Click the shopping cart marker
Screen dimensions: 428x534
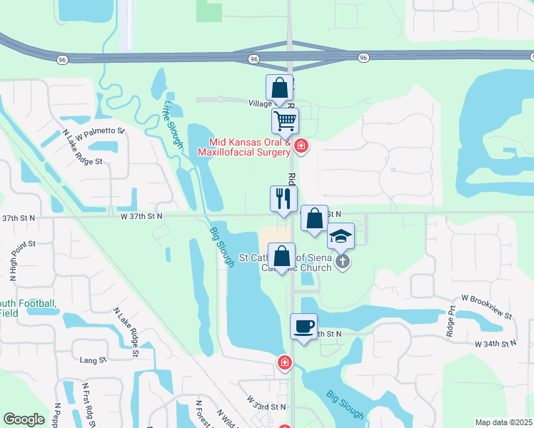[x=286, y=122]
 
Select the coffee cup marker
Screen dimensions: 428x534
[x=303, y=327]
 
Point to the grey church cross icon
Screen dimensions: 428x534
[x=343, y=261]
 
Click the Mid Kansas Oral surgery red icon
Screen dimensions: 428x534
[x=301, y=147]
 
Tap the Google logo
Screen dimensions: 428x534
[x=24, y=419]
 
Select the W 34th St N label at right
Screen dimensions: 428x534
[x=495, y=344]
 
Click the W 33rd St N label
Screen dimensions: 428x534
[x=266, y=407]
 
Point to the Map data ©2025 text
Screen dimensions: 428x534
[x=503, y=422]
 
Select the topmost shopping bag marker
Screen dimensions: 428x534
[x=279, y=88]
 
